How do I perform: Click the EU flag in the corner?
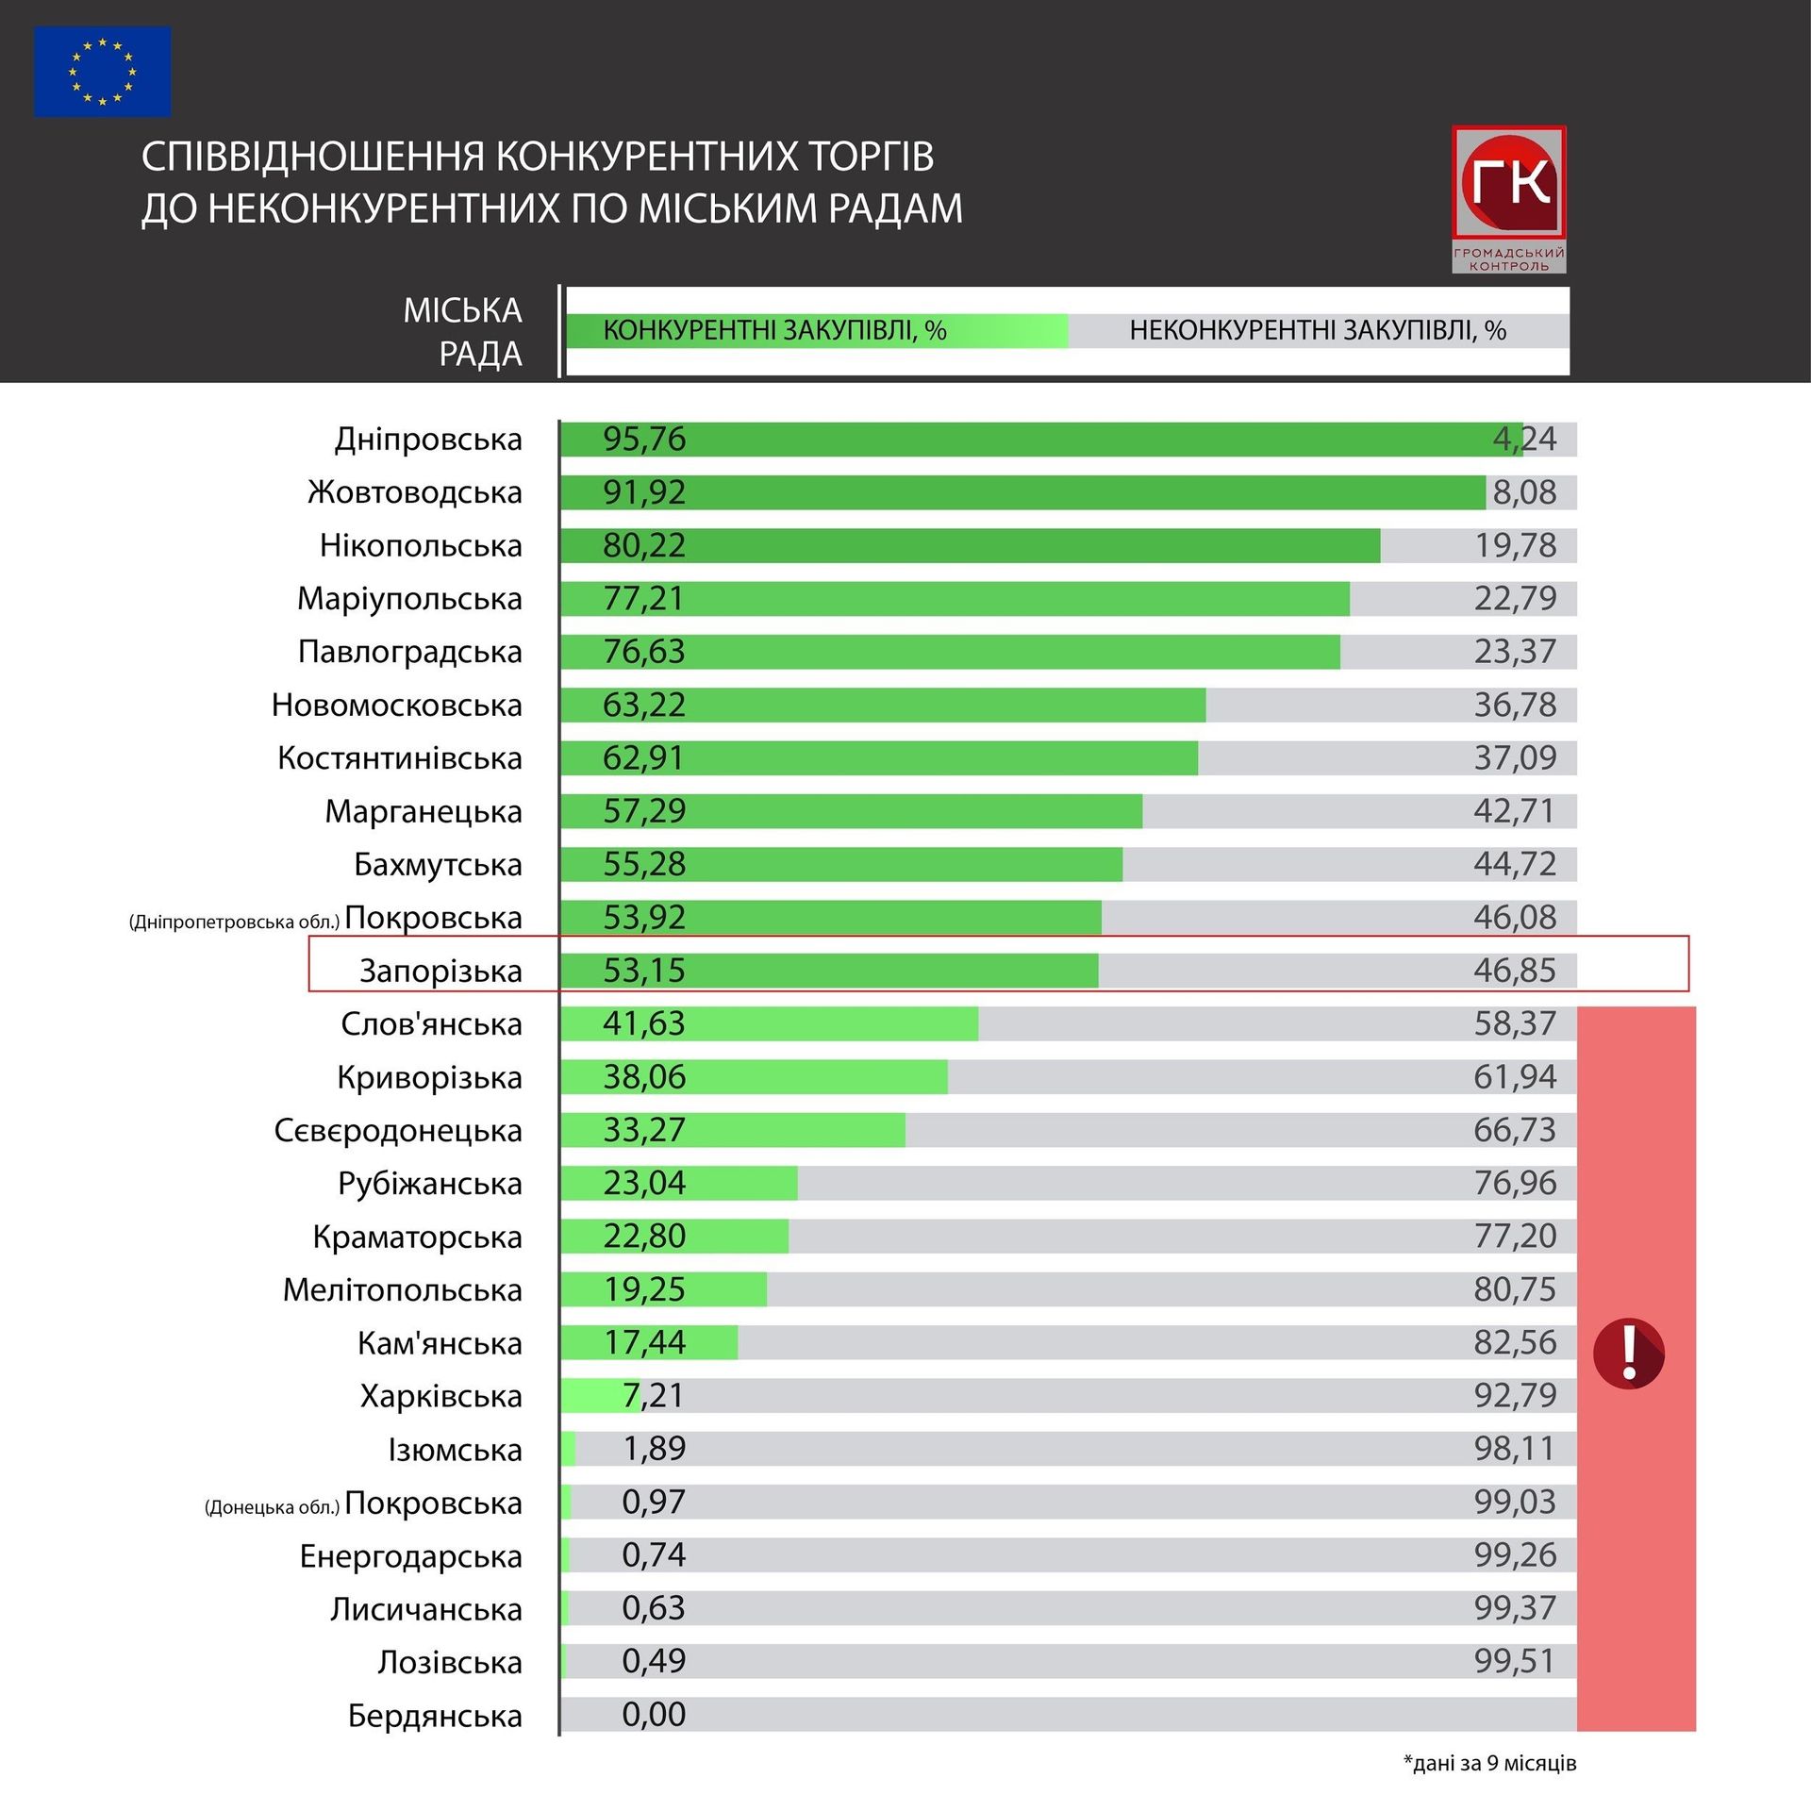[103, 72]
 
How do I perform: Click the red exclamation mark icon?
[1629, 1354]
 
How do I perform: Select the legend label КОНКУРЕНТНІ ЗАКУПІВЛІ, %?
[774, 331]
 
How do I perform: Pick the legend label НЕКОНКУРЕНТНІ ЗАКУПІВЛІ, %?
[1318, 331]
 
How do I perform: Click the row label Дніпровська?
[428, 440]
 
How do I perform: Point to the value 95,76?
[644, 440]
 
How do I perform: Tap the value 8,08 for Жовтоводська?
[1524, 492]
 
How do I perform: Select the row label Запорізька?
[440, 971]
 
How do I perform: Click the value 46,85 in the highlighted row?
[1515, 971]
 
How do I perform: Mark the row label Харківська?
[440, 1396]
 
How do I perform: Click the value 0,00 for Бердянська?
[654, 1715]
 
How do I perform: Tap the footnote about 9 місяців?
[1489, 1763]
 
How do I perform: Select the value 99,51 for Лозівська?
[1515, 1662]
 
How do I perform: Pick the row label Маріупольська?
[409, 599]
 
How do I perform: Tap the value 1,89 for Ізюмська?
[654, 1449]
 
